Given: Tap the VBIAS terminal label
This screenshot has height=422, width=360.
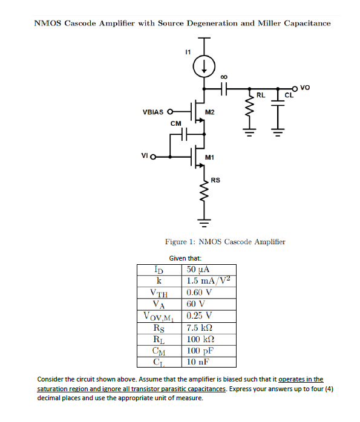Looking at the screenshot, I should (153, 112).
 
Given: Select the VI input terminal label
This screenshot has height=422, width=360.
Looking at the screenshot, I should (145, 157).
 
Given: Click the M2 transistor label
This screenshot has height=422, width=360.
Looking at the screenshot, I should (211, 112).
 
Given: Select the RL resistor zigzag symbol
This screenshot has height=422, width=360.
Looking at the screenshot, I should (249, 108).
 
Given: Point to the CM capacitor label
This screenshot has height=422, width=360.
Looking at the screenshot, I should (175, 123).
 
